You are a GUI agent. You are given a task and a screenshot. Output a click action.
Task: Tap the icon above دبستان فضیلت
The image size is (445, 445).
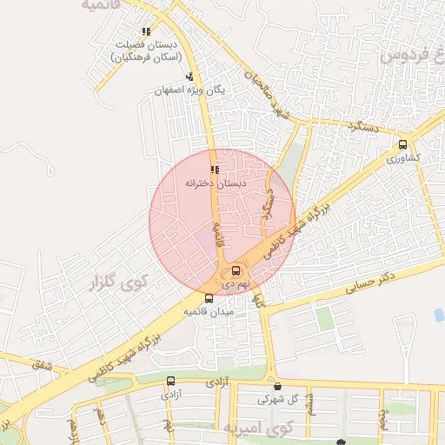[146, 31]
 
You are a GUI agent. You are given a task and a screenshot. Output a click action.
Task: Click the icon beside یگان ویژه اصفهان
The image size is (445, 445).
[189, 76]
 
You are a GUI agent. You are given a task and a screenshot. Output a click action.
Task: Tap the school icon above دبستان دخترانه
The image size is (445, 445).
[215, 169]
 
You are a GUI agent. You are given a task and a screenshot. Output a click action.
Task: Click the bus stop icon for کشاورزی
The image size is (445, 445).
[402, 145]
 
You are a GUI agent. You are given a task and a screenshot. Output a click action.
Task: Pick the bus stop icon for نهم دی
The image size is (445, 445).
[236, 270]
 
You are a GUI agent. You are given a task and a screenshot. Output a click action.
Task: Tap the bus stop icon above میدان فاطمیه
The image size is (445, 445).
[208, 298]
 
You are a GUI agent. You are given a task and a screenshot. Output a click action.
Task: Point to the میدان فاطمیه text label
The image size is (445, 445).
[207, 311]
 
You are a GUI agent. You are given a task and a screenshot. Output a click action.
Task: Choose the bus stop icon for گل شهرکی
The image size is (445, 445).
[277, 387]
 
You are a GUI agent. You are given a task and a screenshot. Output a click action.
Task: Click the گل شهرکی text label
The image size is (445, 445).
[277, 401]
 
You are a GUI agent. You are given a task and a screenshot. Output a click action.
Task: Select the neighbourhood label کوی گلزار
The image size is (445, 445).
[119, 282]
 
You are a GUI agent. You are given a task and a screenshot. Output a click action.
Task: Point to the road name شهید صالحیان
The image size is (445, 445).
[265, 94]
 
